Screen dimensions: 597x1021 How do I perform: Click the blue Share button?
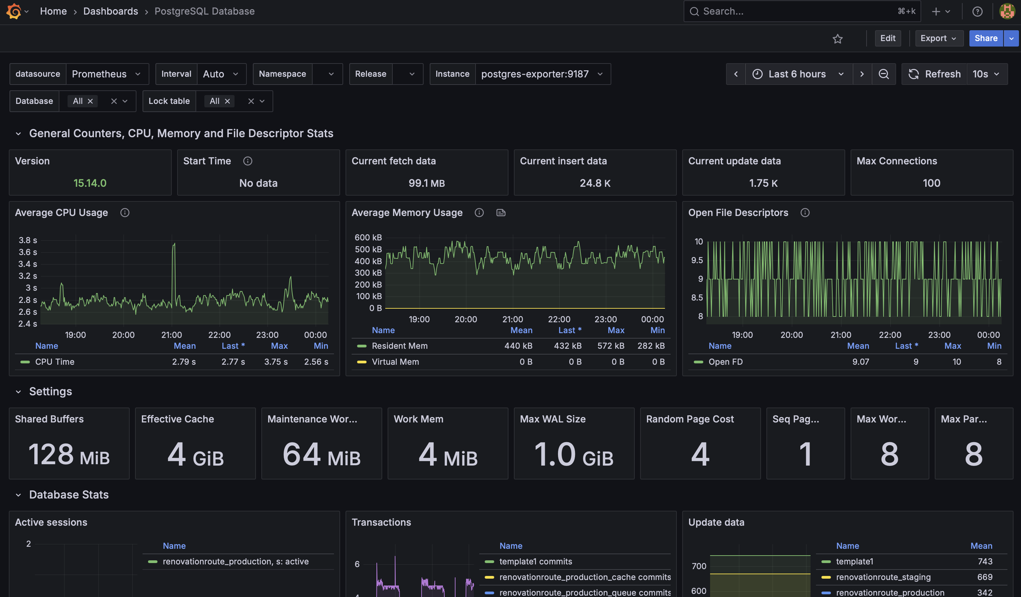click(985, 38)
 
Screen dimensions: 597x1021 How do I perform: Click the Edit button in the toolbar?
click(887, 38)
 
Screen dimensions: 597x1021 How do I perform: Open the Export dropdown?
click(938, 38)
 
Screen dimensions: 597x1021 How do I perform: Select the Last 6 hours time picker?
click(797, 74)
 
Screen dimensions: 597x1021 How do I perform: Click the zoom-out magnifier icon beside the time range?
click(883, 74)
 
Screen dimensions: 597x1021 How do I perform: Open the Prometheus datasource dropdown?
click(106, 74)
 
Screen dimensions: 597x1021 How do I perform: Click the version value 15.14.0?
click(90, 183)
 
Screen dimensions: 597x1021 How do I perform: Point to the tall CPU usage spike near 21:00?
click(174, 245)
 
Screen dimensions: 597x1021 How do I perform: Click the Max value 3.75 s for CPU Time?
click(276, 362)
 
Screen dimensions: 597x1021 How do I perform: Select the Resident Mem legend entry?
click(399, 346)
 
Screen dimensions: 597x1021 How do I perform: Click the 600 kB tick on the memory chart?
click(368, 237)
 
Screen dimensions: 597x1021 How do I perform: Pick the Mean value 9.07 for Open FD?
click(860, 362)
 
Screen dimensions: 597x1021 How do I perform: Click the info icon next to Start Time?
click(247, 161)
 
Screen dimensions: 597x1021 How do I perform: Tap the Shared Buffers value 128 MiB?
click(69, 454)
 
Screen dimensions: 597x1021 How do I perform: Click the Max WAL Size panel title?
click(552, 419)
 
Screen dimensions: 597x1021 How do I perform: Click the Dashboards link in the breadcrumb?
click(111, 11)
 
